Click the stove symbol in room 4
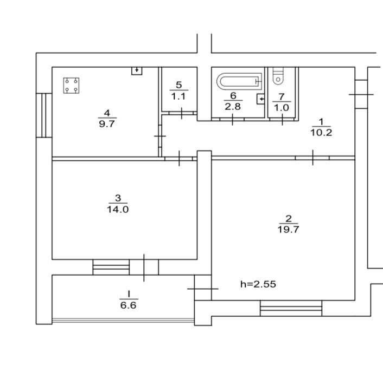[x=72, y=86]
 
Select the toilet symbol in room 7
[x=278, y=77]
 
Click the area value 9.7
[x=107, y=123]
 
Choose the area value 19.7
[x=289, y=229]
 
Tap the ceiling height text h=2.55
[x=258, y=283]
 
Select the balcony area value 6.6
[x=128, y=305]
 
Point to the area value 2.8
[x=233, y=107]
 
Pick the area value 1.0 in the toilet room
[x=281, y=107]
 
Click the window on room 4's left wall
[x=44, y=115]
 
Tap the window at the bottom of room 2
[x=291, y=308]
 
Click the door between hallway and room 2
[x=312, y=158]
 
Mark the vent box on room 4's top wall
[x=137, y=70]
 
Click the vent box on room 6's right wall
[x=261, y=100]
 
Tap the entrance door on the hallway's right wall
[x=361, y=94]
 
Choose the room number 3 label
[x=118, y=198]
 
